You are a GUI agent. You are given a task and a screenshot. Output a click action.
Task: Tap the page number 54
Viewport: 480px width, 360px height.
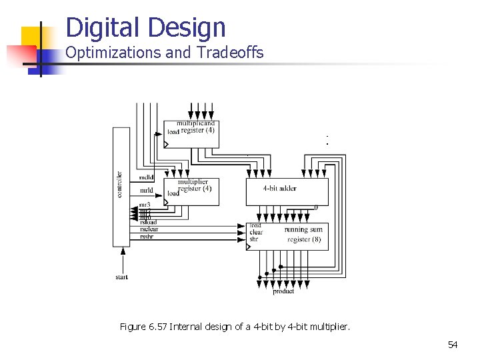pyautogui.click(x=453, y=345)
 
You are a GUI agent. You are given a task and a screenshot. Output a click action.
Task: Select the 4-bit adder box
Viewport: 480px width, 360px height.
pyautogui.click(x=287, y=191)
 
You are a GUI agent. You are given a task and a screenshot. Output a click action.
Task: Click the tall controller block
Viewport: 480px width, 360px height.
pyautogui.click(x=121, y=187)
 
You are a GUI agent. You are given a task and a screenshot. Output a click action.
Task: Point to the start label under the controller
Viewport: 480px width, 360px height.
pyautogui.click(x=121, y=277)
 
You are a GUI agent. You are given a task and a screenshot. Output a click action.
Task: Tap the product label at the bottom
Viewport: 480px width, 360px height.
pyautogui.click(x=283, y=291)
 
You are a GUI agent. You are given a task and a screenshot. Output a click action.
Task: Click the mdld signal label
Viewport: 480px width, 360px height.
pyautogui.click(x=145, y=177)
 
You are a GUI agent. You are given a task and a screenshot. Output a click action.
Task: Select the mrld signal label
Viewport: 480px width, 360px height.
pyautogui.click(x=145, y=190)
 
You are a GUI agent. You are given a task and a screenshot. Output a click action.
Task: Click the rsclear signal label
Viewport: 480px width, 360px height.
pyautogui.click(x=149, y=229)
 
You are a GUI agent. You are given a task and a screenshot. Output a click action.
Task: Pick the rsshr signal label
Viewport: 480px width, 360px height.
pyautogui.click(x=147, y=236)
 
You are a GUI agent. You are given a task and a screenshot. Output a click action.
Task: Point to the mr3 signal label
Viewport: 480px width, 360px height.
pyautogui.click(x=145, y=204)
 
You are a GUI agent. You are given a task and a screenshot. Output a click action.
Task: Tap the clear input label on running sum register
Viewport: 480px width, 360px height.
pyautogui.click(x=256, y=232)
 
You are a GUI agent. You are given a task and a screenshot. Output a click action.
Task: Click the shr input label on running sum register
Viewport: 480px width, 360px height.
pyautogui.click(x=254, y=239)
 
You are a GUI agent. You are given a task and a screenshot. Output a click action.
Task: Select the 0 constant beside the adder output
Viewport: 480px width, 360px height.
pyautogui.click(x=316, y=207)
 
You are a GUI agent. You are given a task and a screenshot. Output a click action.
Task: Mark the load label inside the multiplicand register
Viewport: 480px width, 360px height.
pyautogui.click(x=173, y=132)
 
